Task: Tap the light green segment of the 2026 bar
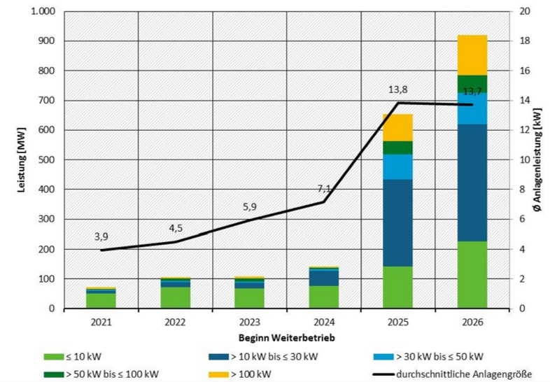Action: (472, 274)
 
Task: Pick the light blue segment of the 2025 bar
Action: (398, 167)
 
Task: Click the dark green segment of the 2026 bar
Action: (472, 83)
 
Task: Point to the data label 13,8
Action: (398, 90)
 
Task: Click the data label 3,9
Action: (101, 237)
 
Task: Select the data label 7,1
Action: (324, 188)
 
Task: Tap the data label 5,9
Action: (250, 207)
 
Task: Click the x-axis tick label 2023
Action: (250, 323)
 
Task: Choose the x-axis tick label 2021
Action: (101, 323)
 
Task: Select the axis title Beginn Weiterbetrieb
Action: (287, 338)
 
